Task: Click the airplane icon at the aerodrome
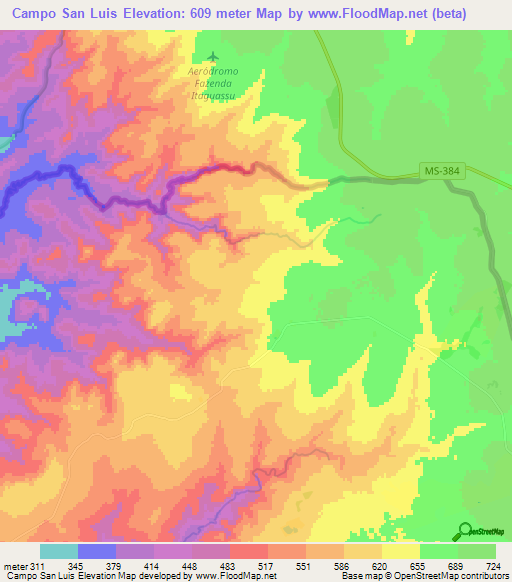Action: tap(210, 59)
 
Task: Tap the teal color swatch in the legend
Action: tap(59, 552)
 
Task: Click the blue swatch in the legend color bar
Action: tap(97, 552)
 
